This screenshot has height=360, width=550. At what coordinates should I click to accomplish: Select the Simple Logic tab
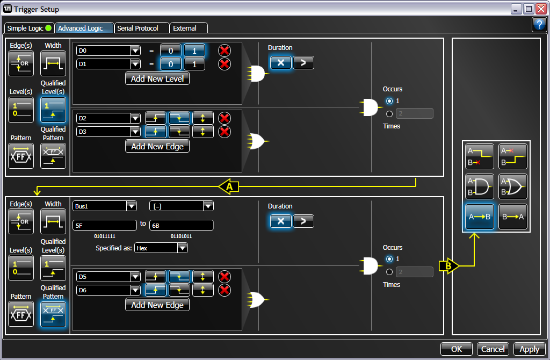pos(30,28)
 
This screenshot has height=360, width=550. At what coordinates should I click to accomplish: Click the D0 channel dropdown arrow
pos(135,51)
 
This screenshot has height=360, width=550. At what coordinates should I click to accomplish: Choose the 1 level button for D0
pos(194,51)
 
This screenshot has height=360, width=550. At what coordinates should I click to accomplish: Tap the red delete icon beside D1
pos(225,64)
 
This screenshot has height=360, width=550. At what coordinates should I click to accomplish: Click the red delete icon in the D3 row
pos(225,132)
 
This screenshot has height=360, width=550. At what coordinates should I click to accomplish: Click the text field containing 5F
pos(105,225)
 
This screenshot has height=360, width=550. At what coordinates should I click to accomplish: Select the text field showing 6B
pos(182,225)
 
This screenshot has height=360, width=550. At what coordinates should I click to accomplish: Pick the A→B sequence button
pos(480,217)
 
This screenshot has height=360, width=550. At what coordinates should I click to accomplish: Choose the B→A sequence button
pos(513,217)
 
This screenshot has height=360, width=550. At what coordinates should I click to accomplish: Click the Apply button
pos(529,349)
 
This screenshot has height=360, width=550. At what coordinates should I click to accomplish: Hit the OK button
pos(457,349)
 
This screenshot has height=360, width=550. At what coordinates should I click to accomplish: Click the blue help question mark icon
pos(539,25)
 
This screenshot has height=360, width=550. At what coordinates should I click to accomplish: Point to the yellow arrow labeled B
pos(449,266)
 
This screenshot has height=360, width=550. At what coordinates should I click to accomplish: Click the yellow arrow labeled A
pos(229,186)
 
